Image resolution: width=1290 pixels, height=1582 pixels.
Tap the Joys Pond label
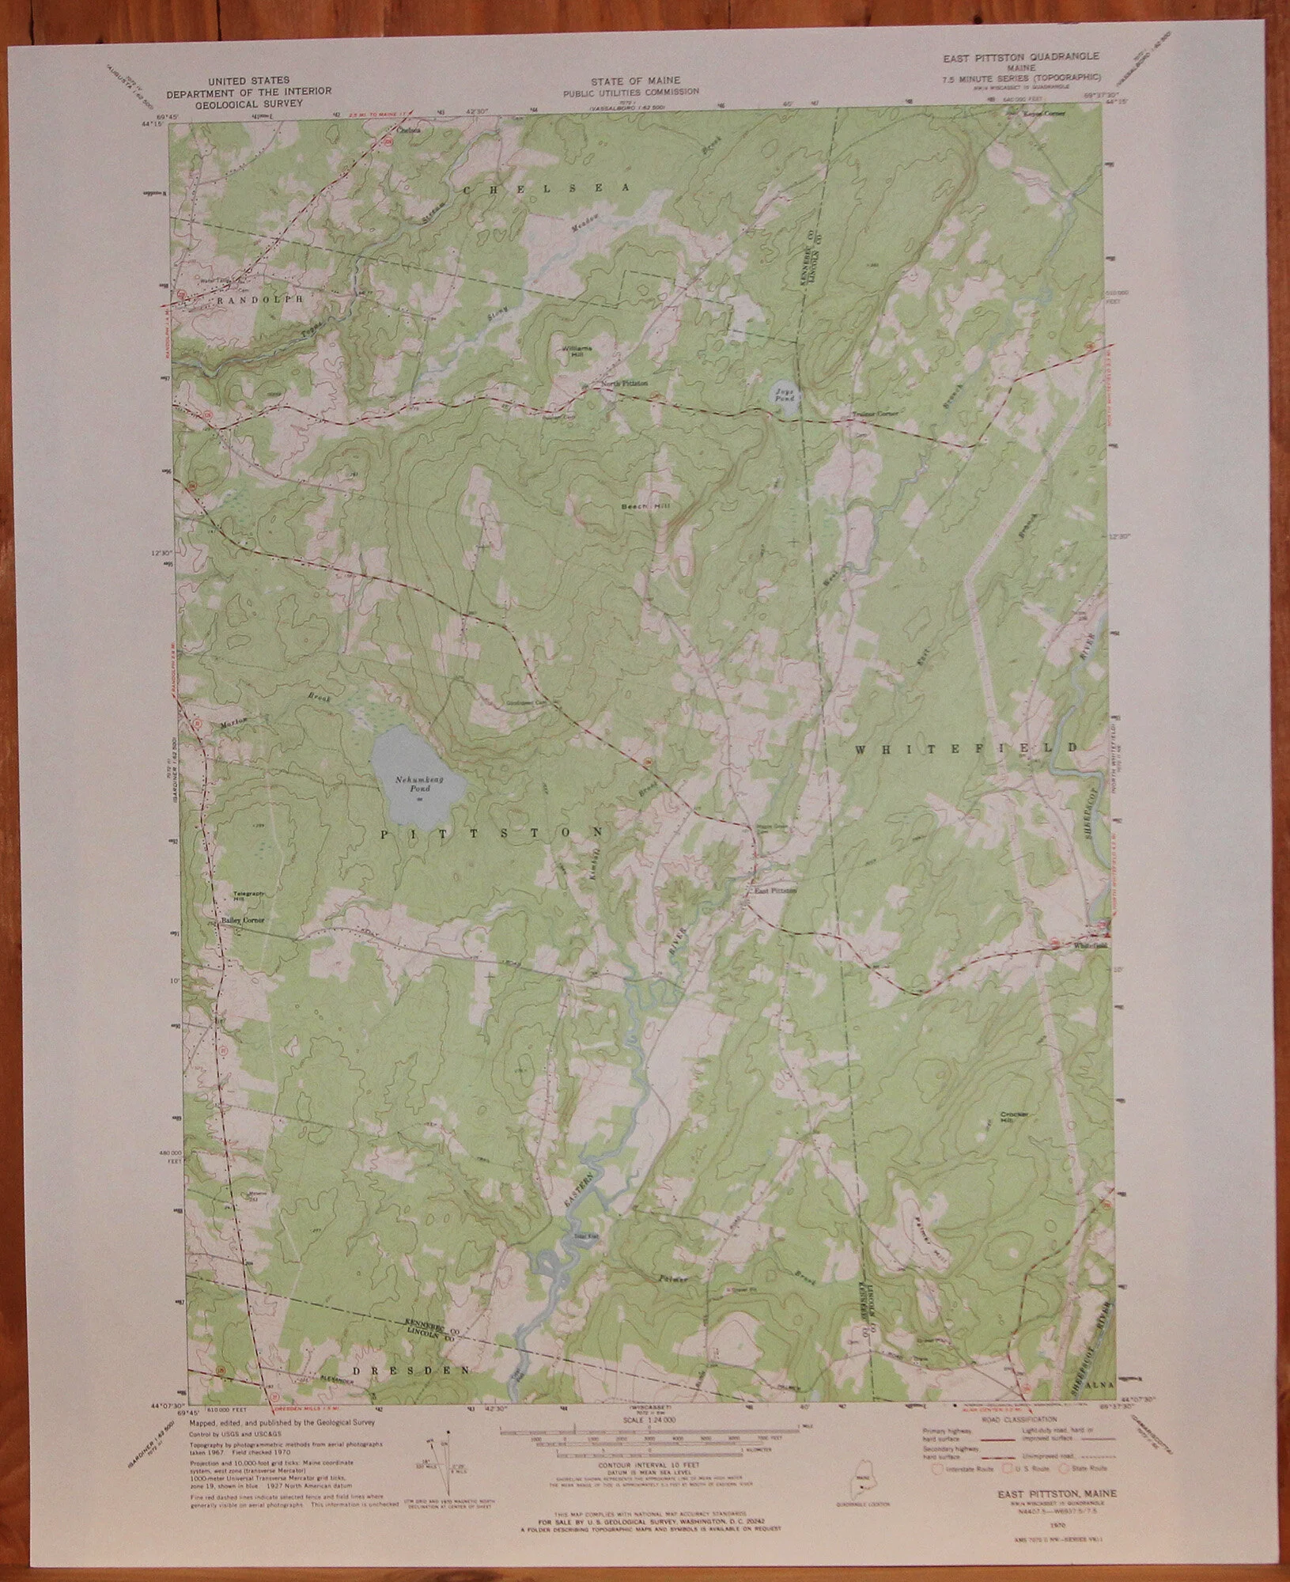click(x=785, y=392)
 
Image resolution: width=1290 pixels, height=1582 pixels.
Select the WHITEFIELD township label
click(x=967, y=747)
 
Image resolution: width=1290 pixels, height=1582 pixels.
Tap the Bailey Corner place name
click(x=242, y=922)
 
